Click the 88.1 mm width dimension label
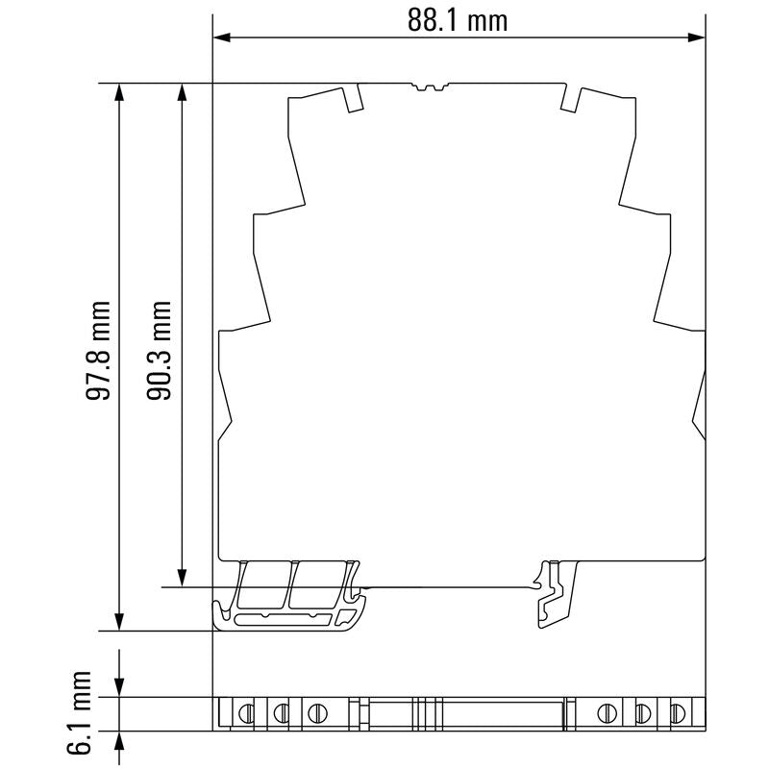(458, 20)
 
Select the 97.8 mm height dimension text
(98, 351)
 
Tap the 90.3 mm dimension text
(159, 351)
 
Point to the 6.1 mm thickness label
(79, 712)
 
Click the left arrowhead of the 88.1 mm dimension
(221, 37)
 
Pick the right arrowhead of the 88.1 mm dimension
(697, 37)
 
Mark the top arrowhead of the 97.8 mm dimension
(119, 92)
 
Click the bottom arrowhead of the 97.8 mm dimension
(119, 622)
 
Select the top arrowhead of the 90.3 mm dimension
(182, 92)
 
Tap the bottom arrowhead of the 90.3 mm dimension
(182, 578)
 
